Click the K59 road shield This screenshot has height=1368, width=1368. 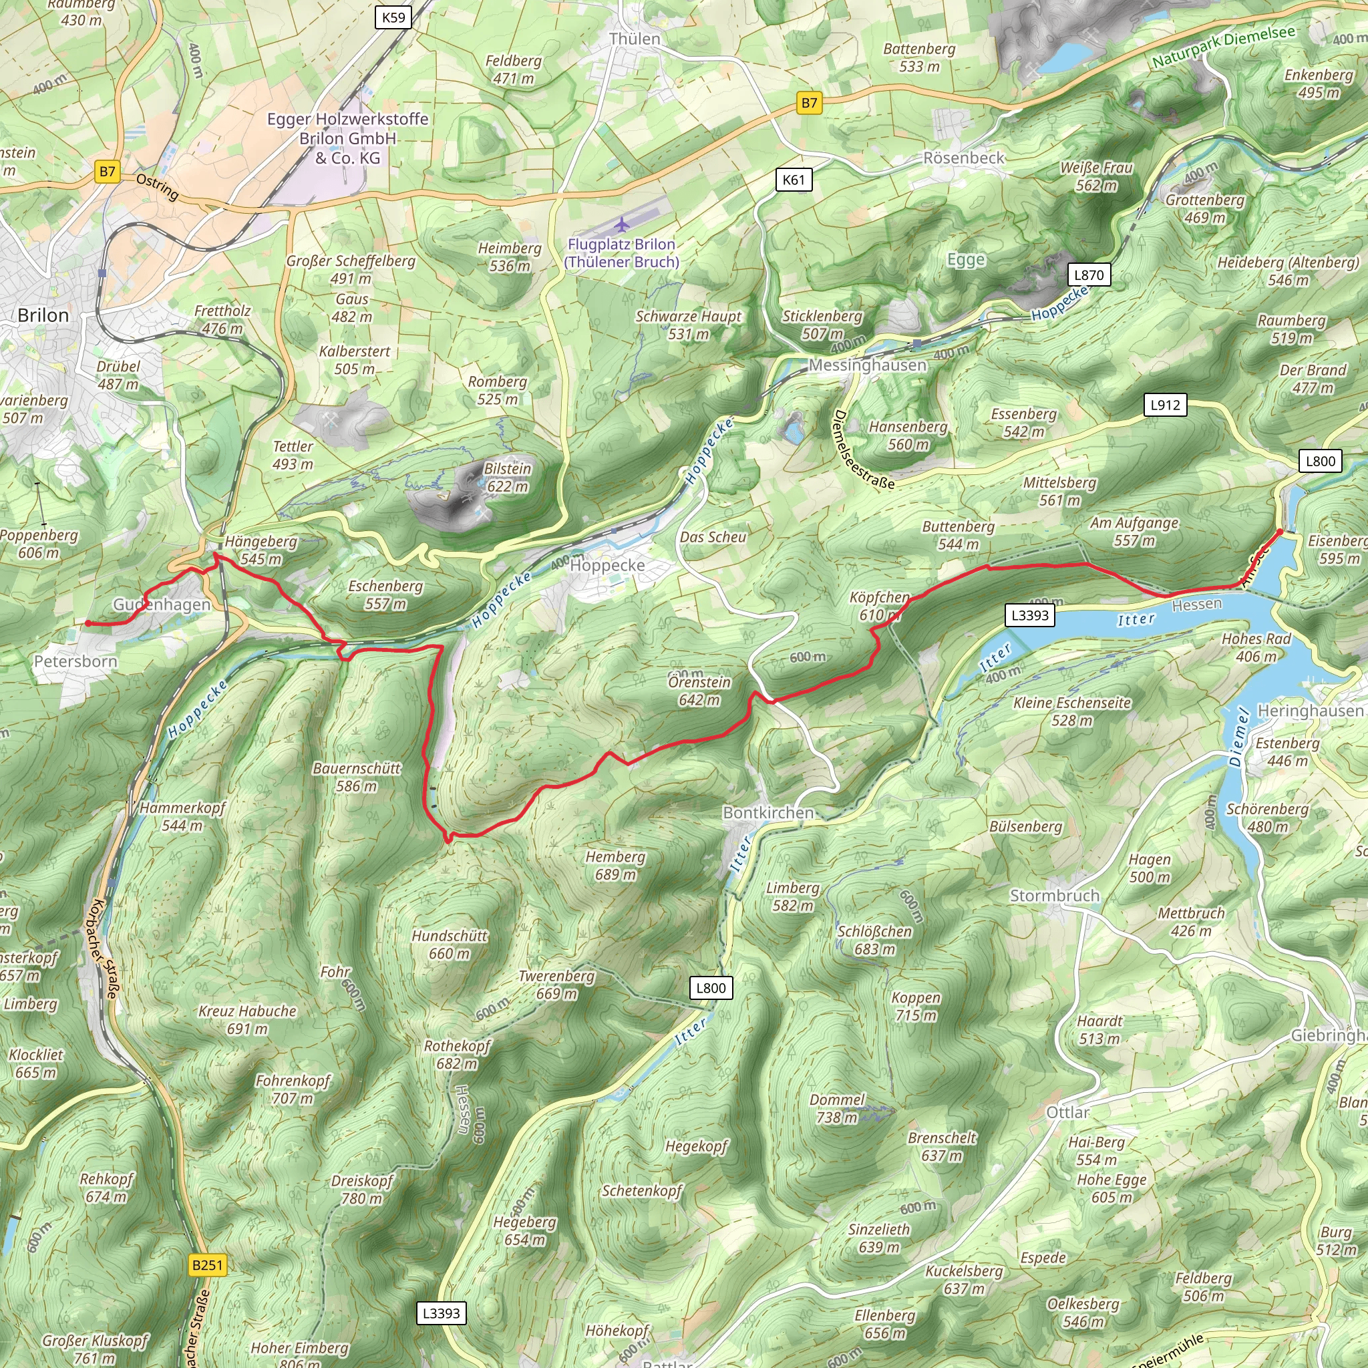coord(393,17)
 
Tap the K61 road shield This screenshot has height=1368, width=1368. coord(793,180)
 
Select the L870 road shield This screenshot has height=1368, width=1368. coord(1088,275)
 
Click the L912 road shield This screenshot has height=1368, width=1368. coord(1165,405)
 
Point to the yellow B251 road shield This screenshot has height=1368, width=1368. coord(208,1264)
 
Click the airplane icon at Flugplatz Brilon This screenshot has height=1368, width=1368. coord(622,225)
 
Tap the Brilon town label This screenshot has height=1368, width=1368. coord(43,315)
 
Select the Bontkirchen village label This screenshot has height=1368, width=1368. coord(768,812)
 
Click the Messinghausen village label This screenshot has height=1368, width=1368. coord(868,365)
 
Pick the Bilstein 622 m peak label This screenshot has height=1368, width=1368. coord(507,477)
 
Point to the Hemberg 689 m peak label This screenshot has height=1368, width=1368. coord(615,865)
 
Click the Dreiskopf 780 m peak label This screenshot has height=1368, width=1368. coord(362,1190)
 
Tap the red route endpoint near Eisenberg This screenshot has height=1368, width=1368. coord(1279,531)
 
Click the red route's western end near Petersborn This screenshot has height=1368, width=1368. coord(88,623)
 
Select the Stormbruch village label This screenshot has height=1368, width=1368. coord(1054,895)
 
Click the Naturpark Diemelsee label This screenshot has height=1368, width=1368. coord(1224,47)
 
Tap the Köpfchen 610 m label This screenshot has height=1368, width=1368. coord(879,606)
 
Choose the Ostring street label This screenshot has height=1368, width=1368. coord(157,187)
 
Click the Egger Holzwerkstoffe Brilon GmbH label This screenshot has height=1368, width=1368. coord(347,138)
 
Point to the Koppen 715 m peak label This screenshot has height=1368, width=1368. coord(916,1006)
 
